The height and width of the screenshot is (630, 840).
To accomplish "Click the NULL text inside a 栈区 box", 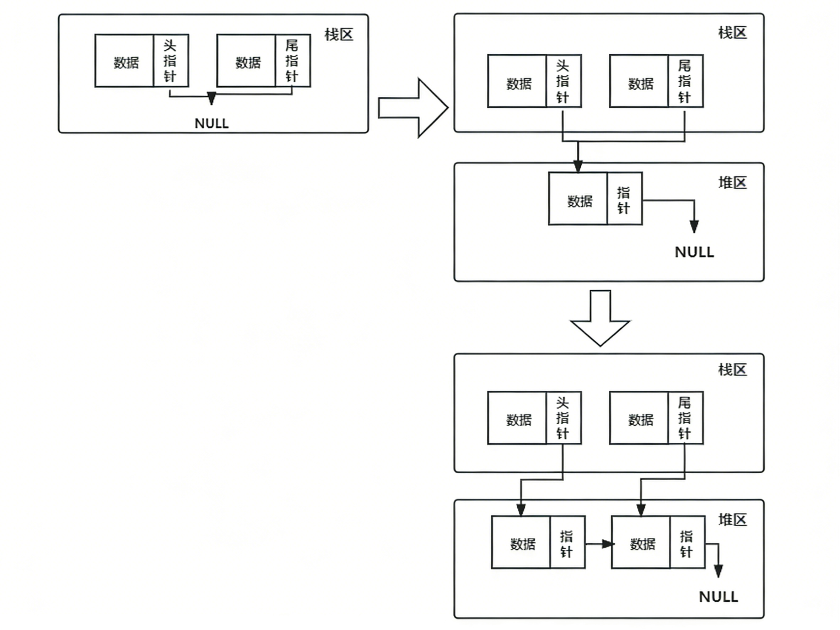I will coord(211,123).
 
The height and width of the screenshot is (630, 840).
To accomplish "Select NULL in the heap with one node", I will coord(694,252).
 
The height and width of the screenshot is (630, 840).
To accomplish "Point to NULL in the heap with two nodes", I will coord(718,597).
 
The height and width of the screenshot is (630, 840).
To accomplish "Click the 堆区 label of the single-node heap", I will coord(732,183).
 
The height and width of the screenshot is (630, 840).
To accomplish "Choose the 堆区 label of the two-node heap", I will coord(732,519).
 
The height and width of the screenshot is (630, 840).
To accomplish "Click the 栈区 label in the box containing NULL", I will coord(339,34).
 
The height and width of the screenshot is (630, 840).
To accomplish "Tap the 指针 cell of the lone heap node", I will coord(624,200).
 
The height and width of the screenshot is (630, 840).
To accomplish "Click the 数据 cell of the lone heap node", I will coord(578,200).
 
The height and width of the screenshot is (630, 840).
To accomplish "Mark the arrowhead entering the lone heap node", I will coord(578,166).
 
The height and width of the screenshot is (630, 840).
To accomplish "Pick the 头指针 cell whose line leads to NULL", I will coord(171,61).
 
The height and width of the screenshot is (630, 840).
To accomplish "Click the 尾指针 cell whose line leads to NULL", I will coord(292,61).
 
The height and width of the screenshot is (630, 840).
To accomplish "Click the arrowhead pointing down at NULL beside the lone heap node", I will coord(694,227).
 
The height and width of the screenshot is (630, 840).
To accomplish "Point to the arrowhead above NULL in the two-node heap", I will coord(718,571).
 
